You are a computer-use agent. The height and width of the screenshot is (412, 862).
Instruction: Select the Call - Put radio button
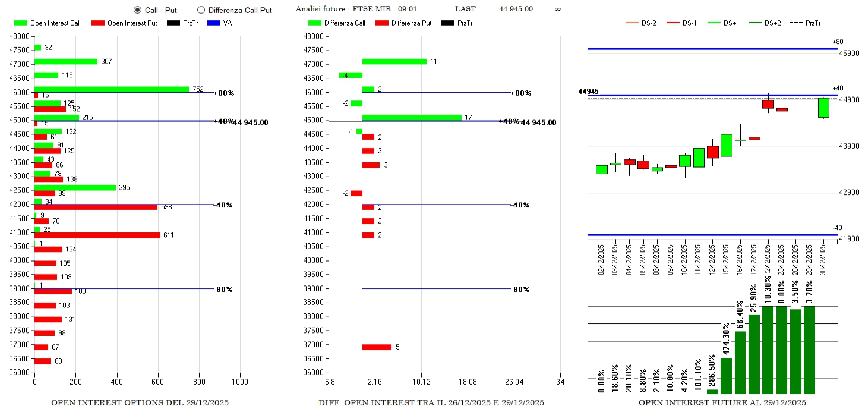click(138, 10)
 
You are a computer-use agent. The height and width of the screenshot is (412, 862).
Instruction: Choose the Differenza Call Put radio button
click(201, 10)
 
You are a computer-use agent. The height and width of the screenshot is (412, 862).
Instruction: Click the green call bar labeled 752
click(112, 89)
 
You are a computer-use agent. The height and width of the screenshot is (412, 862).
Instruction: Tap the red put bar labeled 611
click(97, 235)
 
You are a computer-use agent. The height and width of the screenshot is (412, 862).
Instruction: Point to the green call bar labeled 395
click(75, 187)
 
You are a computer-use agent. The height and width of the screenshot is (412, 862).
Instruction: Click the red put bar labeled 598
click(96, 207)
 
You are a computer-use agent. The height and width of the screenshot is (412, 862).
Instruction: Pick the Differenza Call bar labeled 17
click(412, 118)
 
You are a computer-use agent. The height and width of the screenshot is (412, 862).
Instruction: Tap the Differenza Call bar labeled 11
click(394, 61)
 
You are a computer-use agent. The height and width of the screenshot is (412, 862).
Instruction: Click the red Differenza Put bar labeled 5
click(377, 347)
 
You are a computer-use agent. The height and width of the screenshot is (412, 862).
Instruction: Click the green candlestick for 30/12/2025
click(823, 108)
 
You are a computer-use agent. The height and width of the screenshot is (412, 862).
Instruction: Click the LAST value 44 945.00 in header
click(516, 9)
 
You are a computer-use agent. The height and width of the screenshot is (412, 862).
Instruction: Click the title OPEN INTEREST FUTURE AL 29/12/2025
click(722, 402)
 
